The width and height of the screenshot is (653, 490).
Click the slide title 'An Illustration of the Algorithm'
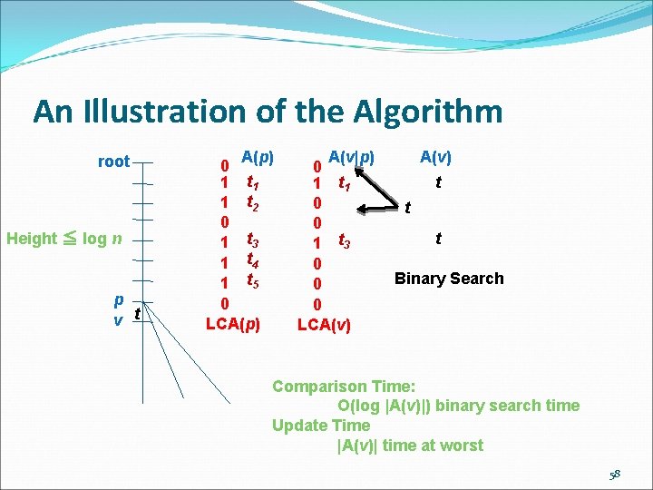268,112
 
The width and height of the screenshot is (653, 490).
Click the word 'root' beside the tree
113,162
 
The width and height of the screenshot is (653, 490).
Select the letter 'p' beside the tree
119,300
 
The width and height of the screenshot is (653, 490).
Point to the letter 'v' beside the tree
119,320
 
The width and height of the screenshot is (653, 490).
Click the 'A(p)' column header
258,155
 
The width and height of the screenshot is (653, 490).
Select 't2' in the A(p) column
253,202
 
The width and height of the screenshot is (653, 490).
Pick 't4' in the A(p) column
253,260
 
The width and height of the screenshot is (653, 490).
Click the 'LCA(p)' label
233,322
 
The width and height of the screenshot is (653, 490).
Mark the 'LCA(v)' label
325,323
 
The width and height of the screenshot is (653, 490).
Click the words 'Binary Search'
448,279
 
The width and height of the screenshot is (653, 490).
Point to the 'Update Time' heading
321,426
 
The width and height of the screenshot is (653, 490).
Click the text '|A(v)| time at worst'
410,446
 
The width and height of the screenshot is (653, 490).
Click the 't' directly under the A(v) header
439,182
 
